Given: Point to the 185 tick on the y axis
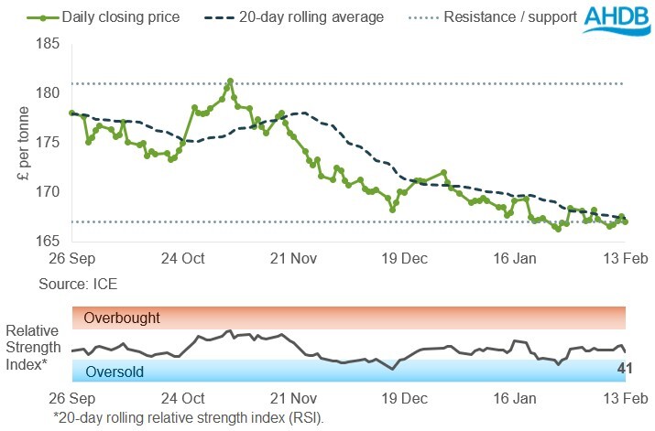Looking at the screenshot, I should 48,44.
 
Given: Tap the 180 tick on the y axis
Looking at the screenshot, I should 48,93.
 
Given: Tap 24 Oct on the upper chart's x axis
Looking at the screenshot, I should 182,259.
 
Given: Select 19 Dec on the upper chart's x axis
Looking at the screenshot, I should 404,259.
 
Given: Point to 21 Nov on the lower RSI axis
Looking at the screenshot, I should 293,399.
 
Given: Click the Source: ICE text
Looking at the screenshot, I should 77,285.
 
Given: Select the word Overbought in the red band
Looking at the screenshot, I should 122,318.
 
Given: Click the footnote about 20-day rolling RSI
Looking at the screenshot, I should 188,417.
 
